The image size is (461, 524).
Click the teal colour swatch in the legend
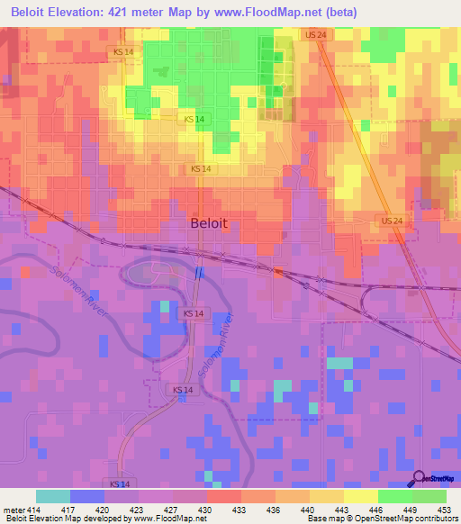click(53, 496)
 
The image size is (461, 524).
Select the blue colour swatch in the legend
click(87, 496)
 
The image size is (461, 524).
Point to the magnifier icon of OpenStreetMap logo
click(419, 477)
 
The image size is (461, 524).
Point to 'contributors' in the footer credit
click(434, 519)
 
